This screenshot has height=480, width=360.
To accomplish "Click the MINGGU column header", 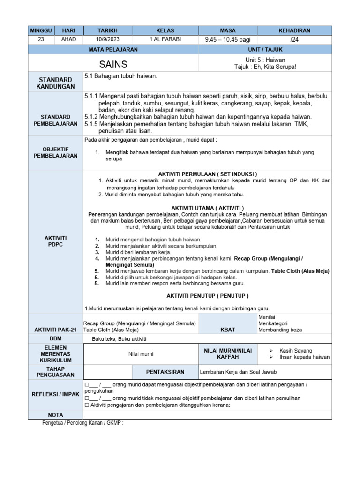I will tap(41, 30).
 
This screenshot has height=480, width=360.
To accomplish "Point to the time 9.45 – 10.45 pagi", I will tap(228, 40).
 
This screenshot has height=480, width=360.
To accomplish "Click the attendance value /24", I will tap(294, 40).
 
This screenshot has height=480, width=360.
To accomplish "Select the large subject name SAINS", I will tap(113, 64).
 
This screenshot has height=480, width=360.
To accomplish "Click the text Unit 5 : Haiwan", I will tap(265, 60).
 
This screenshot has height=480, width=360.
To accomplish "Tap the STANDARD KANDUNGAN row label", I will tap(55, 83).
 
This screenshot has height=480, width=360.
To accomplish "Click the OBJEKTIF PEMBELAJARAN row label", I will tap(55, 152).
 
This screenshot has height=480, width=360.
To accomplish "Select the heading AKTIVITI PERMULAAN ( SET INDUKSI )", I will tap(207, 174).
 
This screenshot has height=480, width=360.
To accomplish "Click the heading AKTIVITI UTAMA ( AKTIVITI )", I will tap(207, 208).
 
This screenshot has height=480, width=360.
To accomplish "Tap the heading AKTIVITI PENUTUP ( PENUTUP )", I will tap(207, 296).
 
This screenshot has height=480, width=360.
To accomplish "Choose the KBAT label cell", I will tap(228, 330).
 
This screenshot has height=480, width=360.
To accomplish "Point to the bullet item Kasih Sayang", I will tap(295, 351).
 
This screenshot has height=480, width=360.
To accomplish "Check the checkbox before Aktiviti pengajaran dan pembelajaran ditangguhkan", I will tap(87, 405).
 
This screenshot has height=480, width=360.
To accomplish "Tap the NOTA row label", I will tap(55, 415).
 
